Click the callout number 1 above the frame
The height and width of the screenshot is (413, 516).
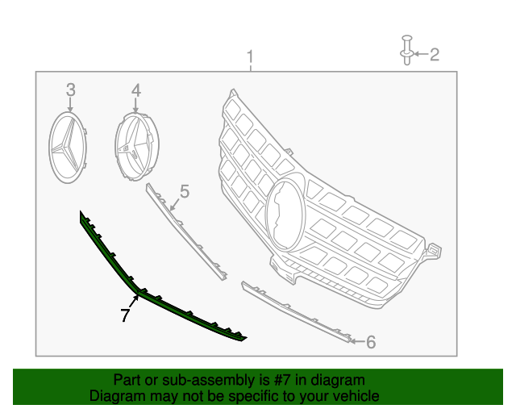pos(251,57)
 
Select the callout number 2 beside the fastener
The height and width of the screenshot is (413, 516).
pos(435,54)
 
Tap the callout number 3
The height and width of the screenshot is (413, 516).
pos(71,90)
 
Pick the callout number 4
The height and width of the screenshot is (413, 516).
pos(136,90)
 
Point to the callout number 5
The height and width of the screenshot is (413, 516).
pos(185,191)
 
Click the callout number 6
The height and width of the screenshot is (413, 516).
pos(371,342)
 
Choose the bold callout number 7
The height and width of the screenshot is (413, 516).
pos(125,315)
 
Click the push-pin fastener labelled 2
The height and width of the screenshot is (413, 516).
pos(406,50)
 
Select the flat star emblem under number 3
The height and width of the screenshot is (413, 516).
pos(68,148)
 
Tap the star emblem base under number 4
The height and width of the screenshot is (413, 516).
pos(137,147)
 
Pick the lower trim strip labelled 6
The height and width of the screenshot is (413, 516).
pos(295,311)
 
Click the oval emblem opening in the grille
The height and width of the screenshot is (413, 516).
pos(285,214)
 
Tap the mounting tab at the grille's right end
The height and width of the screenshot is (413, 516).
pos(433,251)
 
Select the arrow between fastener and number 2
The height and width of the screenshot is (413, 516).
pos(421,54)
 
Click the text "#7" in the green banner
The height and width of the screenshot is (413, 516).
pos(282,381)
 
